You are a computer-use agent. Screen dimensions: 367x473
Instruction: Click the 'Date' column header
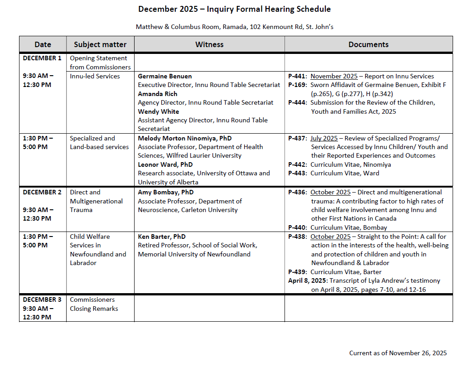click(x=43, y=44)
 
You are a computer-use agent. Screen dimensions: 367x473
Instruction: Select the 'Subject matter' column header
click(x=100, y=44)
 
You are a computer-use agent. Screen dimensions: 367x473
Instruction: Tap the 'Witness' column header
click(x=209, y=44)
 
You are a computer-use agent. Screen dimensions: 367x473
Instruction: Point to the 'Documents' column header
click(x=368, y=44)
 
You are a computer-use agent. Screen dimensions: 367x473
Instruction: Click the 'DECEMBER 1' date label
click(x=42, y=58)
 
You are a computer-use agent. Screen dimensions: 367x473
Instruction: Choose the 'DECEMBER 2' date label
click(x=42, y=192)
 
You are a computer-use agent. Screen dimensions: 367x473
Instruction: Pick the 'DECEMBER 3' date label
click(x=42, y=299)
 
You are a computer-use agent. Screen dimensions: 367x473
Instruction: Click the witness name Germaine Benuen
click(x=164, y=76)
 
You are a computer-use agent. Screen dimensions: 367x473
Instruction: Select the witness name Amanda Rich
click(x=158, y=94)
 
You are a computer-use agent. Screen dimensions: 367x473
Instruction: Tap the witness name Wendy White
click(x=159, y=111)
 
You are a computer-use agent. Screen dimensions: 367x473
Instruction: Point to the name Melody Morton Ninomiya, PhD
click(x=184, y=138)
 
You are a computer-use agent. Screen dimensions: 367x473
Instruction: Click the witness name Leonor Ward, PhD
click(x=165, y=164)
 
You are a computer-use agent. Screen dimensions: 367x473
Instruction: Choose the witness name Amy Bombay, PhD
click(x=166, y=192)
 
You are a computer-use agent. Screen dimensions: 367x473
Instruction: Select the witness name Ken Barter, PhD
click(x=162, y=237)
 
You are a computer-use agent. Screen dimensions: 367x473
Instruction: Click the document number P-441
click(x=298, y=76)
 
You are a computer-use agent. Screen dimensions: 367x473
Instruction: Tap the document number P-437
click(x=298, y=138)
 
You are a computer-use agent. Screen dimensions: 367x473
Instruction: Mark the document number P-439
click(x=298, y=272)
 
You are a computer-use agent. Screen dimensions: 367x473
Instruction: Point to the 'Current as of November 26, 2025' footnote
click(x=398, y=353)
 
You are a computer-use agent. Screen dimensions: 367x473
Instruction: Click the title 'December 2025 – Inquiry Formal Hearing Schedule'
click(x=234, y=9)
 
